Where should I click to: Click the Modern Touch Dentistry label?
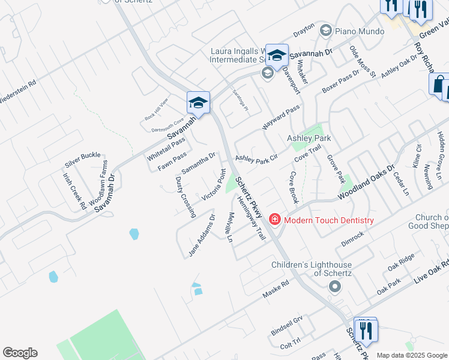point(328,220)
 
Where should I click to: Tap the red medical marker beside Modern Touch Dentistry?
point(275,220)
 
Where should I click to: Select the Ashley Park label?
point(309,138)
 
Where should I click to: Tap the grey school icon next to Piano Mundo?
point(326,30)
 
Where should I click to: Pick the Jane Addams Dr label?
point(202,235)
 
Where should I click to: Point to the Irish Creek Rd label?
point(75,191)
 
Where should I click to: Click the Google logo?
point(20,353)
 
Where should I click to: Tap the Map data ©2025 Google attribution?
point(412,355)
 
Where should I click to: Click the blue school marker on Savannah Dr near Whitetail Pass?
point(198,103)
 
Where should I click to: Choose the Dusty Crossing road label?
point(185,197)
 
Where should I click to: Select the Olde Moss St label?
point(362,61)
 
